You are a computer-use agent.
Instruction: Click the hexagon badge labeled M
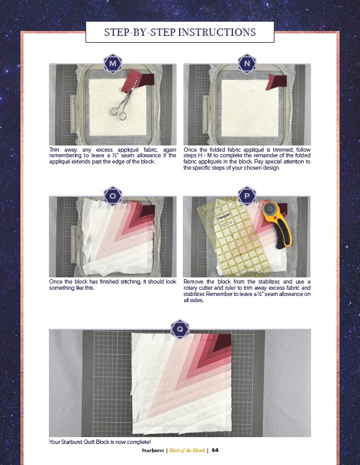(x=113, y=63)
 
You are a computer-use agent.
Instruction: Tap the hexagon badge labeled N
(x=247, y=63)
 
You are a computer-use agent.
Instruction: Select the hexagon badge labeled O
(x=113, y=196)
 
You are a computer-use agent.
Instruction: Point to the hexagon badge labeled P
(x=247, y=196)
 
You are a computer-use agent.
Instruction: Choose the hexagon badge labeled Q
(x=180, y=329)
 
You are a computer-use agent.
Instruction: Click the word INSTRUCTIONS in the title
(x=217, y=32)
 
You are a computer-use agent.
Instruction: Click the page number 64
(x=215, y=450)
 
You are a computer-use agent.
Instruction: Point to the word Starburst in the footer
(x=152, y=450)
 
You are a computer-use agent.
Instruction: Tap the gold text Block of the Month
(x=187, y=450)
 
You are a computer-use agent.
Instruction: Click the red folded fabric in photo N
(x=276, y=82)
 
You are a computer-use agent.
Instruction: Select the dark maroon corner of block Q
(x=224, y=342)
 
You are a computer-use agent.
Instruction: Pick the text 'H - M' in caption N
(x=204, y=155)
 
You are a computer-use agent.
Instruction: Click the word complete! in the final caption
(x=139, y=442)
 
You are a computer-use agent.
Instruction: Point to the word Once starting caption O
(x=56, y=282)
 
